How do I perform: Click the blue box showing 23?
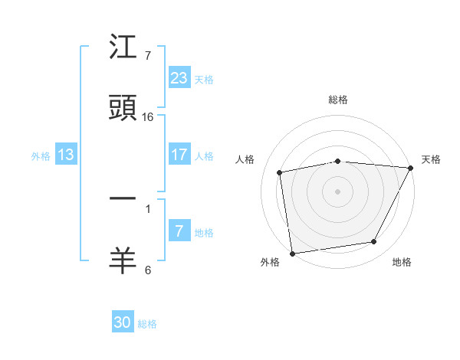pos(179,77)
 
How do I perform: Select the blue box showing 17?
pos(179,155)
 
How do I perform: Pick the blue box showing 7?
pos(179,231)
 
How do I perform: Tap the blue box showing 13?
pos(66,155)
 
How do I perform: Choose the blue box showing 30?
pos(123,322)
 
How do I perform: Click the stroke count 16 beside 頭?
pos(148,117)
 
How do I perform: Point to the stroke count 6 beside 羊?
pos(148,270)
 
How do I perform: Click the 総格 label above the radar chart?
pos(337,100)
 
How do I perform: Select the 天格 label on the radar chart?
pos(431,159)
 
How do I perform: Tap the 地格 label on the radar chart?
pos(402,262)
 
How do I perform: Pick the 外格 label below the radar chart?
pos(270,262)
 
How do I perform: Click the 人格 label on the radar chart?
pos(246,159)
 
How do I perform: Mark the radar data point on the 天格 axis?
pos(411,168)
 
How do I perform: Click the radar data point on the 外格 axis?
pos(292,253)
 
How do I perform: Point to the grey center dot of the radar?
pos(337,191)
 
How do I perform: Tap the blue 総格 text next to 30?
pos(147,324)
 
